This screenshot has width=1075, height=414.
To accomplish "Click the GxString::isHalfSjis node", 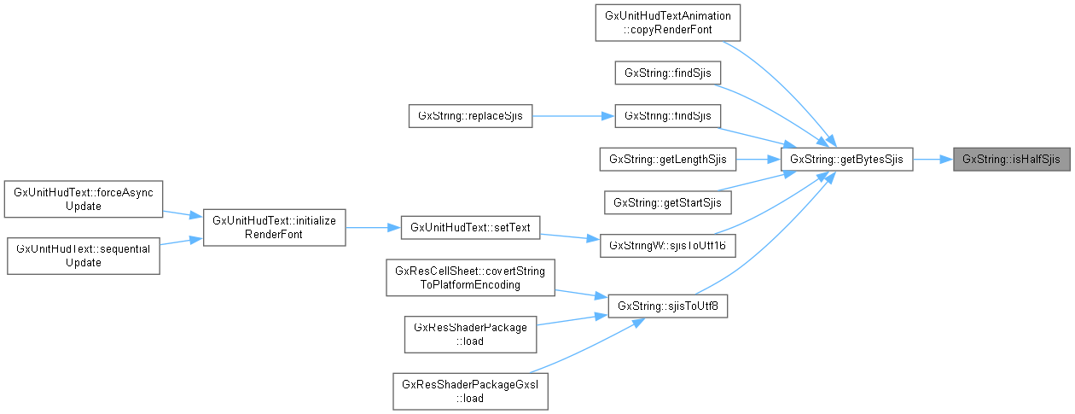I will click(x=1011, y=159).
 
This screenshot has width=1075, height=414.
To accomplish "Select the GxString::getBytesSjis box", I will click(x=847, y=159).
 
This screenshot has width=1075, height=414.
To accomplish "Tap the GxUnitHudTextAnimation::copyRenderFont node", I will click(x=666, y=23).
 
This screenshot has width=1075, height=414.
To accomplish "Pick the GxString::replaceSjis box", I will click(x=470, y=115).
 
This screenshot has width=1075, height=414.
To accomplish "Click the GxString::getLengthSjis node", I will click(x=668, y=159).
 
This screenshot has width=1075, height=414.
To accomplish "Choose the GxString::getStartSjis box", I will click(x=668, y=202).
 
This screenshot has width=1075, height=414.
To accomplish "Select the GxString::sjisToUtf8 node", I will click(x=668, y=306).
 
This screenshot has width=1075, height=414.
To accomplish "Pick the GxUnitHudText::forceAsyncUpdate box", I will click(x=83, y=200).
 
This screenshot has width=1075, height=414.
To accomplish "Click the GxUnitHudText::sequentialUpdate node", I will click(x=83, y=255).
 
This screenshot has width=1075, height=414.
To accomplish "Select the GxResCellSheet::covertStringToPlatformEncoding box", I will click(x=470, y=278).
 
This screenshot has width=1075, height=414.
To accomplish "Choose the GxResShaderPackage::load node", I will click(x=470, y=334).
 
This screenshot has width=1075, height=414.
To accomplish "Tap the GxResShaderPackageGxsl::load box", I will click(x=470, y=390).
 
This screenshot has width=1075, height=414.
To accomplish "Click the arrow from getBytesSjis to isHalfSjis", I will click(x=933, y=159).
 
